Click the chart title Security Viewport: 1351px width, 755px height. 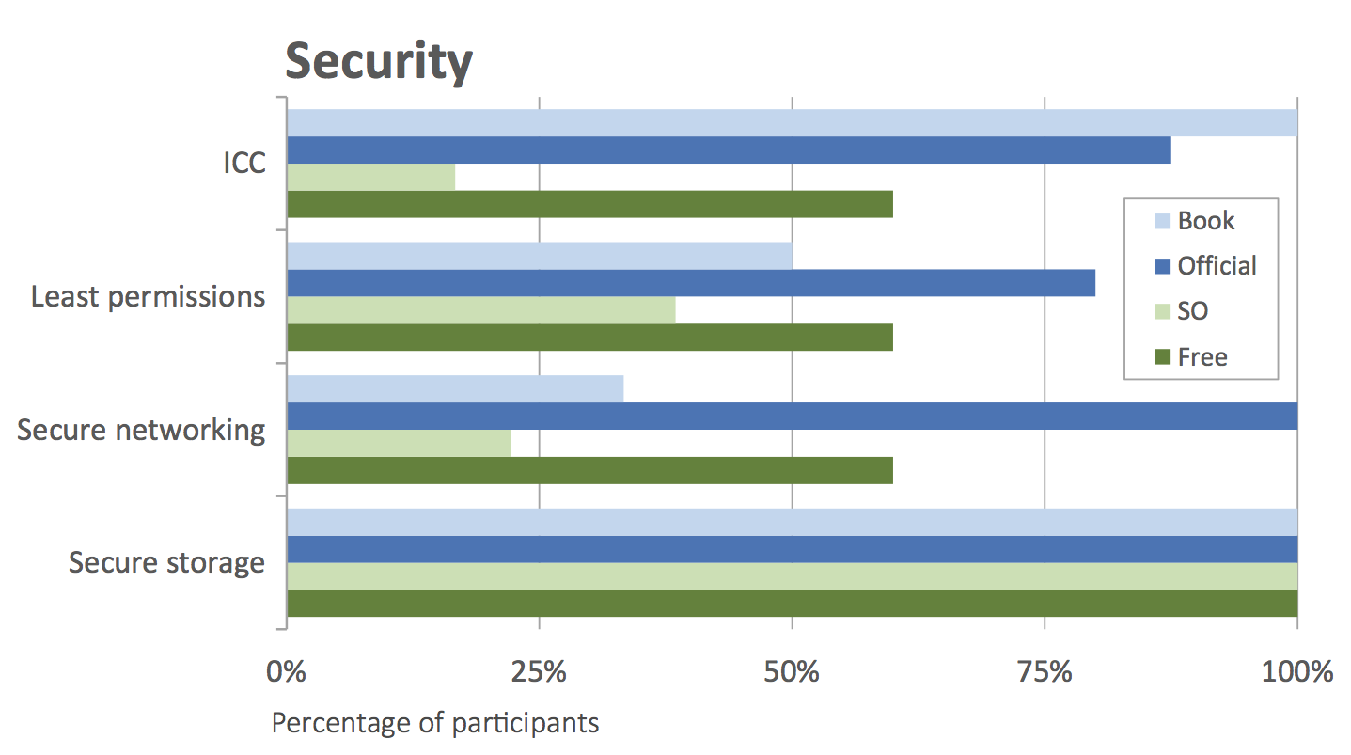click(x=379, y=62)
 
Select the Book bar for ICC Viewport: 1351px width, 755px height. click(x=792, y=123)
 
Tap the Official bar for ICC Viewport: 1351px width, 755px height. click(x=729, y=150)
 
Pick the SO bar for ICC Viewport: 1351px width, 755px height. click(x=370, y=177)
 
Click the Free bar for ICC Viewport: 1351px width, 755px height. click(x=589, y=204)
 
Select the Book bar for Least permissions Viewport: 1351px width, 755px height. click(x=539, y=256)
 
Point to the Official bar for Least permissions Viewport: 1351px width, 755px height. click(x=691, y=283)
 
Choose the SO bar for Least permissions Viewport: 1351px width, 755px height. click(x=480, y=310)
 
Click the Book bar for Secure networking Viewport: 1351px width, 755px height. click(x=455, y=389)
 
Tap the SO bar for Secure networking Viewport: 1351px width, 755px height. click(x=399, y=443)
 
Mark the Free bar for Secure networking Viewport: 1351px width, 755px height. click(x=589, y=470)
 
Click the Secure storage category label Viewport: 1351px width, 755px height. click(x=166, y=563)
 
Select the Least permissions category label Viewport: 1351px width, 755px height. click(x=148, y=297)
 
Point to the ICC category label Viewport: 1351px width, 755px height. click(x=244, y=164)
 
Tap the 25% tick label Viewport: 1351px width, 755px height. click(x=539, y=672)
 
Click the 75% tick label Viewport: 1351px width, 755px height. click(x=1045, y=672)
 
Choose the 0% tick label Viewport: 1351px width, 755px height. click(x=287, y=672)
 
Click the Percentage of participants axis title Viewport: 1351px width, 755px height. click(x=434, y=723)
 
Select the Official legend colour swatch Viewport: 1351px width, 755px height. click(x=1162, y=266)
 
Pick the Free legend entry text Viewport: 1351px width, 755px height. click(x=1202, y=357)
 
